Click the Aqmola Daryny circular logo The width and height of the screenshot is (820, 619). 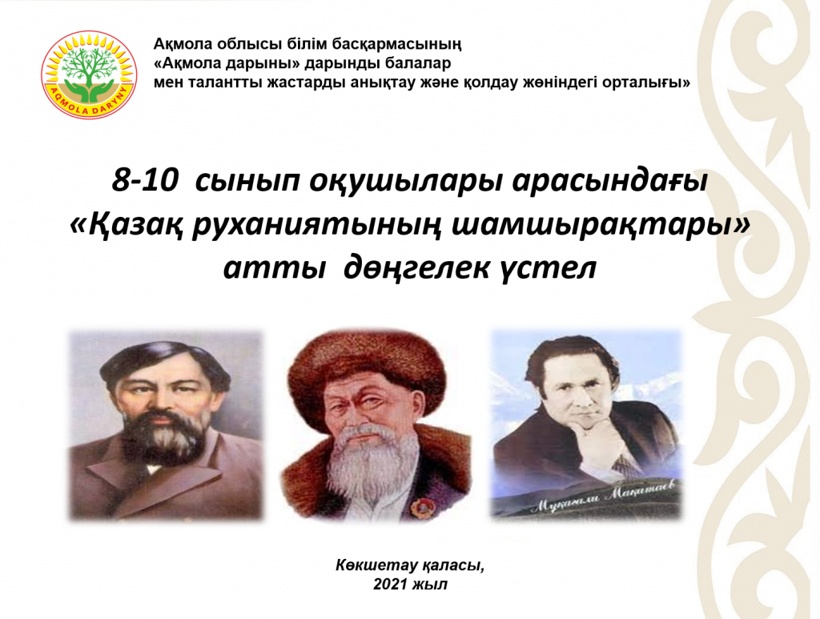pos(90,74)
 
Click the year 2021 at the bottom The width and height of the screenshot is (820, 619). pos(390,584)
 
